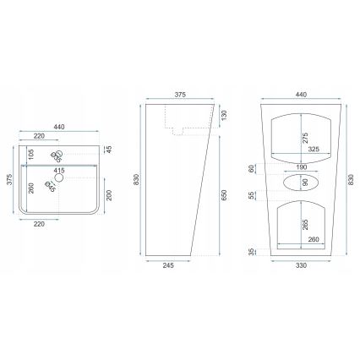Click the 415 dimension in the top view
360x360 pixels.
(x=58, y=171)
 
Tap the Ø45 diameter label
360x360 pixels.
(x=52, y=188)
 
